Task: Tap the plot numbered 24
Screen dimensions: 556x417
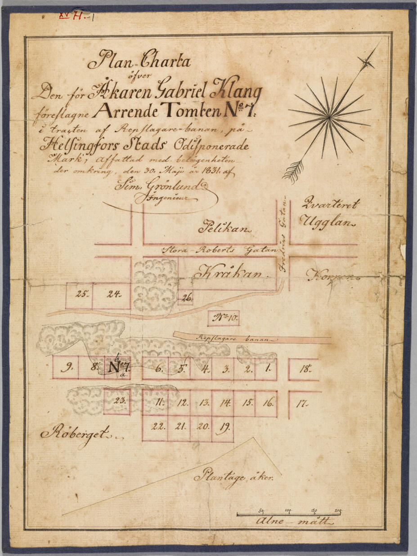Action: [x=112, y=295]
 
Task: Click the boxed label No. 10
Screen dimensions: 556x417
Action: [x=223, y=318]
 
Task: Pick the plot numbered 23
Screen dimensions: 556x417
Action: [x=117, y=401]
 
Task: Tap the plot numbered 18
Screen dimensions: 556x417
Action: [x=305, y=369]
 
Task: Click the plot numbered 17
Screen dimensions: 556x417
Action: [x=302, y=404]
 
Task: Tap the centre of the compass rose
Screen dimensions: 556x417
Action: [x=329, y=118]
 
